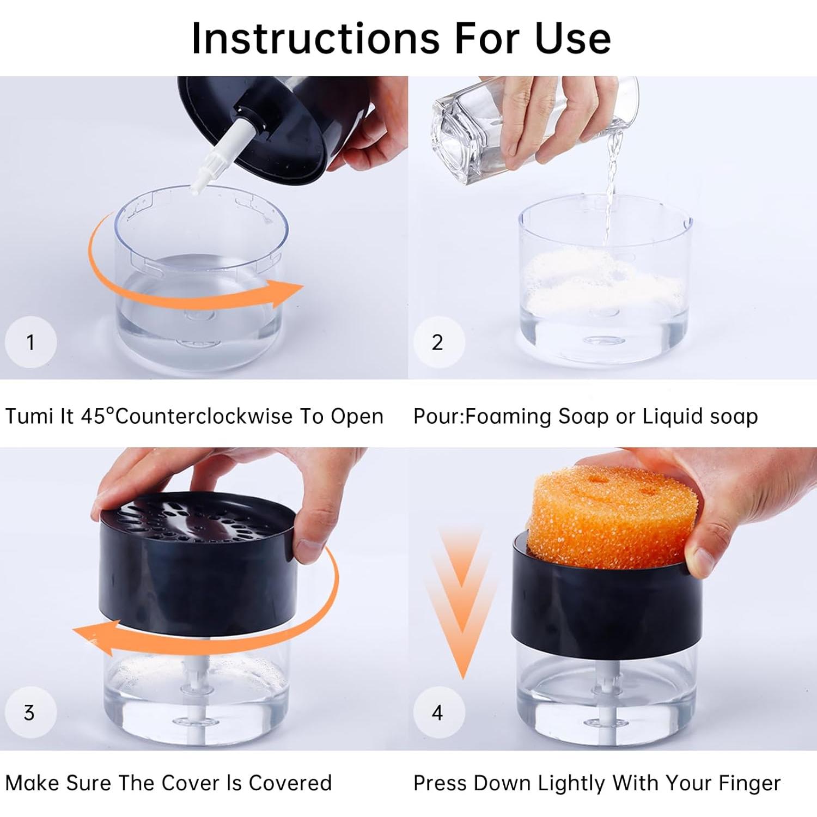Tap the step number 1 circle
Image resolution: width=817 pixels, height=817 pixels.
31,342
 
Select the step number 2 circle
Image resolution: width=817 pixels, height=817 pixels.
437,342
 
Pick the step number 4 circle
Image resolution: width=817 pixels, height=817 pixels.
437,712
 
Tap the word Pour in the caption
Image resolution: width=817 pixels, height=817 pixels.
437,417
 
